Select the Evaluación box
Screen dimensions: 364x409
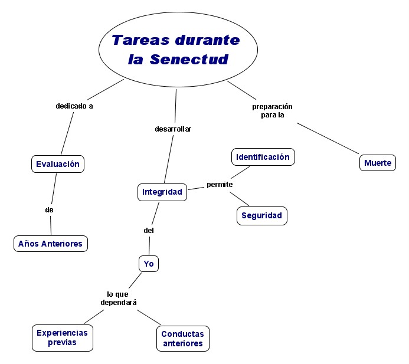[x=58, y=164]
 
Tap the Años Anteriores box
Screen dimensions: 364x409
[x=51, y=243]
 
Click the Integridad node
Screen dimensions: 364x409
[x=162, y=192]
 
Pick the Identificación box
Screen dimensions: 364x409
[x=263, y=157]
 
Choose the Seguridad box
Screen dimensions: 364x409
[x=262, y=216]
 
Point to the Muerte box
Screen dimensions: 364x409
[x=378, y=163]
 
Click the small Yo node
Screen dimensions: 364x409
[x=149, y=264]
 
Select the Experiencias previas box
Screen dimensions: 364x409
[x=62, y=337]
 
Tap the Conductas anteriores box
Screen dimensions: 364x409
[x=183, y=339]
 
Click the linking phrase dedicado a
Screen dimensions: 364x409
[x=74, y=106]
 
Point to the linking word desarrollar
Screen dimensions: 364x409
[x=173, y=129]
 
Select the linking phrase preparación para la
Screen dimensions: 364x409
[x=272, y=111]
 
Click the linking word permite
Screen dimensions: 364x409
[x=220, y=185]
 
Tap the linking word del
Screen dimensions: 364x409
[x=149, y=231]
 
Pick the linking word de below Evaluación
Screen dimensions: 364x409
[x=50, y=209]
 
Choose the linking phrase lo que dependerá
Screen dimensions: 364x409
[x=118, y=298]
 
